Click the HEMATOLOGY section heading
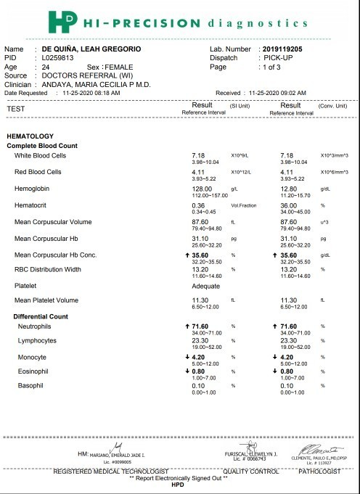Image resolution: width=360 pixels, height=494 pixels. pos(30,136)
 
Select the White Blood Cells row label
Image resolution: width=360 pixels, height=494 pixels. pos(41,155)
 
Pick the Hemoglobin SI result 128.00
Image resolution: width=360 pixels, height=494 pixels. pos(200,187)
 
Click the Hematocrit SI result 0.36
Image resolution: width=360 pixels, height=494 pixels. pos(197,205)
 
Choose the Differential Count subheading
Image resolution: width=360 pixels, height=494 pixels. pos(41,317)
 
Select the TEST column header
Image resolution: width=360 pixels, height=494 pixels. pos(15,109)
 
